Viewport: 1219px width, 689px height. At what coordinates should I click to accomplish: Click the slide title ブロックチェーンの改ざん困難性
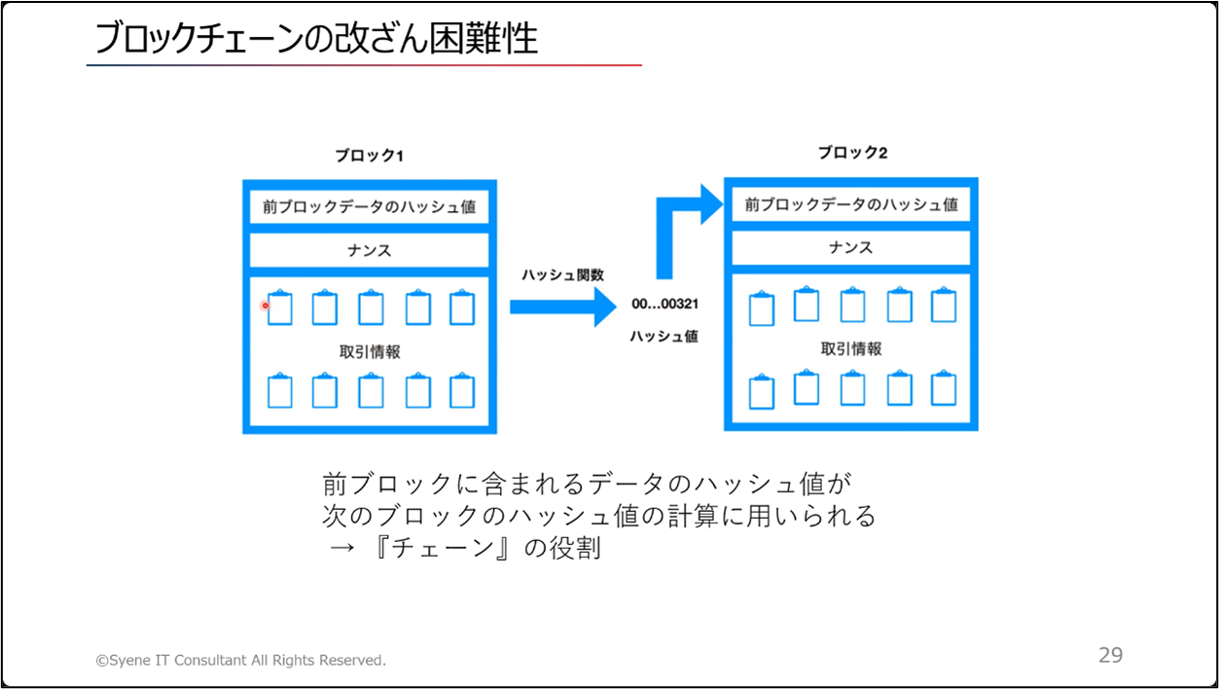click(x=316, y=38)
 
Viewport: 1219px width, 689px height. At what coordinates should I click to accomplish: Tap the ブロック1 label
click(x=369, y=156)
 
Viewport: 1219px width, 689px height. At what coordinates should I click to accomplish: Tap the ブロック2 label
click(x=852, y=153)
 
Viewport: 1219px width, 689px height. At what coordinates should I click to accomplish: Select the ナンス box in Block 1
click(x=369, y=250)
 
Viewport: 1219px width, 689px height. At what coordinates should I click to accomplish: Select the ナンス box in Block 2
click(x=850, y=247)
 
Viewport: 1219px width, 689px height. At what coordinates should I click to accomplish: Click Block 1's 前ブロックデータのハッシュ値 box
click(x=369, y=207)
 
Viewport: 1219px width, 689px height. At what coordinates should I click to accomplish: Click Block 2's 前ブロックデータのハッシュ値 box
click(x=850, y=204)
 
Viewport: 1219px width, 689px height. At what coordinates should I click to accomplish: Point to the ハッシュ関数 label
click(x=562, y=274)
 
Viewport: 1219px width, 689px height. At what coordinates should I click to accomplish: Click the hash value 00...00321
click(x=664, y=304)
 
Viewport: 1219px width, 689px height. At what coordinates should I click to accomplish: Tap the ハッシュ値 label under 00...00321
click(x=663, y=337)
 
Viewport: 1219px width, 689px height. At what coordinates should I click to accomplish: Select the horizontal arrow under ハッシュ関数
click(x=562, y=308)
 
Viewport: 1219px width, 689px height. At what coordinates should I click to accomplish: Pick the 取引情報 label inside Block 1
click(x=370, y=352)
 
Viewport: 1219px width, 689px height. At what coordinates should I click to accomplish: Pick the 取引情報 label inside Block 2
click(x=851, y=348)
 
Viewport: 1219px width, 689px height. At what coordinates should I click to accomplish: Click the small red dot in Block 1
click(x=265, y=306)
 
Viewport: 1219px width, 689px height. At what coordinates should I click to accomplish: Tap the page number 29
click(x=1110, y=655)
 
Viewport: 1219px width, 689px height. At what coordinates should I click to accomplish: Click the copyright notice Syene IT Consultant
click(x=240, y=660)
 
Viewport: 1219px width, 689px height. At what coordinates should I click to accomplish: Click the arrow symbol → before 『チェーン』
click(x=341, y=548)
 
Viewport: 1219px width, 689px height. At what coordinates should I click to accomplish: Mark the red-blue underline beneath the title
click(x=364, y=65)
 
